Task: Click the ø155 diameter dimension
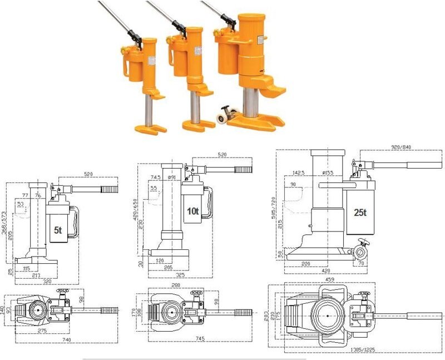point(327,174)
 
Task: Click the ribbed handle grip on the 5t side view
point(108,189)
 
